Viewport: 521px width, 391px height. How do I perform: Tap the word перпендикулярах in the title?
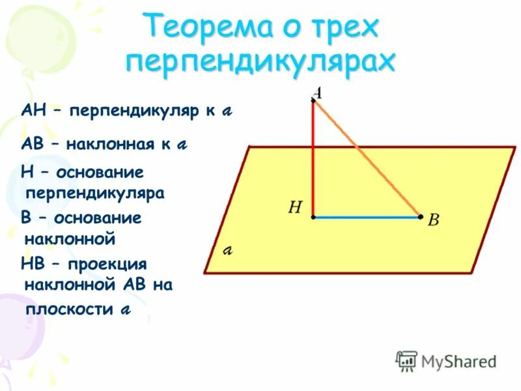coord(260,63)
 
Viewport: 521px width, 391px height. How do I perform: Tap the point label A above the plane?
coord(318,93)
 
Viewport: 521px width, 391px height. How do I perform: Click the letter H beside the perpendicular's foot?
coord(294,208)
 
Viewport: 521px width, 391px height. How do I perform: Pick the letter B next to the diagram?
coord(433,220)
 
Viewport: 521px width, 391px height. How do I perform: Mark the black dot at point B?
coord(421,217)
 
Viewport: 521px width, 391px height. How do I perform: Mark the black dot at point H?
coord(313,217)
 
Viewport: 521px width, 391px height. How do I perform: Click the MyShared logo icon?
coord(406,360)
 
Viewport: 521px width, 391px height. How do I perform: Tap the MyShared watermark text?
coord(458,361)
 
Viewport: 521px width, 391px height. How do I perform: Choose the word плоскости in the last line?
coord(69,309)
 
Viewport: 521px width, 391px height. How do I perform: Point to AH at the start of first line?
coord(34,110)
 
